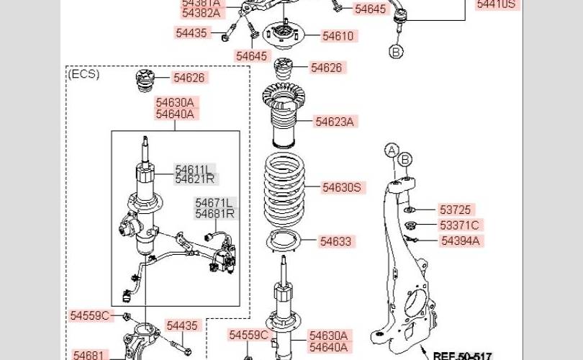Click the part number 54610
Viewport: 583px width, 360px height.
click(x=338, y=35)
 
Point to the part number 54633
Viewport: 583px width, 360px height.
click(x=335, y=242)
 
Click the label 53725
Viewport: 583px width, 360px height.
click(x=455, y=210)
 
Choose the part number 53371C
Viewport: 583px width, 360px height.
click(x=460, y=225)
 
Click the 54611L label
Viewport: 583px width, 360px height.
click(x=194, y=170)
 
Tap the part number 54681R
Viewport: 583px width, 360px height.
click(x=214, y=214)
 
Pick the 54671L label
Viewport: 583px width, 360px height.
click(x=214, y=203)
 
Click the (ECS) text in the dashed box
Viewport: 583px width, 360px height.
click(x=83, y=74)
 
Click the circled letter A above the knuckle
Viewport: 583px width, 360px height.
click(x=391, y=150)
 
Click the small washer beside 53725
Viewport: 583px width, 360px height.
click(x=408, y=210)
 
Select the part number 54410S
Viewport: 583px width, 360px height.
click(x=496, y=4)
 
